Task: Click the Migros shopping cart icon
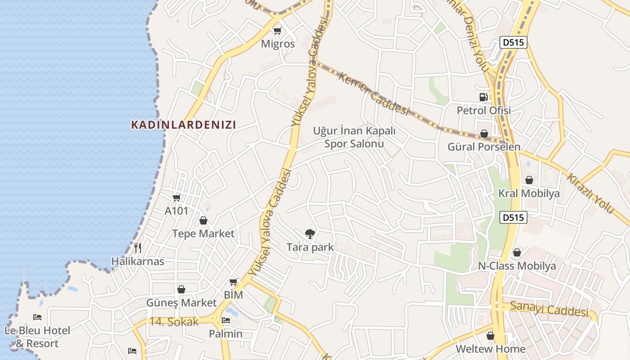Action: click(x=278, y=31)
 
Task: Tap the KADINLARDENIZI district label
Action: click(x=184, y=125)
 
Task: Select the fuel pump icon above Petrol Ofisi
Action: click(x=483, y=97)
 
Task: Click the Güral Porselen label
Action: click(x=484, y=147)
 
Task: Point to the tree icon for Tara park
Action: click(x=310, y=234)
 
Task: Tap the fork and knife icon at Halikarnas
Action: click(x=138, y=247)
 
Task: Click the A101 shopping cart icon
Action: click(x=176, y=198)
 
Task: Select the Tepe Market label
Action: click(x=203, y=233)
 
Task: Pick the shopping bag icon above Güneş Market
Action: click(x=181, y=289)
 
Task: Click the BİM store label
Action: click(x=234, y=295)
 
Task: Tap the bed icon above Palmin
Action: click(x=226, y=320)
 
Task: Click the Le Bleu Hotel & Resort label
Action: click(x=37, y=337)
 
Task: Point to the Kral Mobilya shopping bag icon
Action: click(x=529, y=180)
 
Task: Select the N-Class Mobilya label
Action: click(x=517, y=265)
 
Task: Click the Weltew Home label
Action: click(x=490, y=349)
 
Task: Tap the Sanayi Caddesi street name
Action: click(x=549, y=310)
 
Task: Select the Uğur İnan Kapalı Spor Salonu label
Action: click(x=354, y=137)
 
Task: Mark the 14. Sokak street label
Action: click(x=174, y=322)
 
